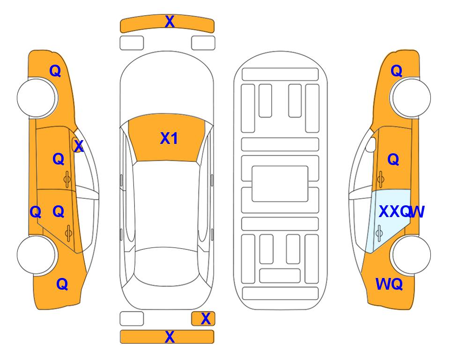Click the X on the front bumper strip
pyautogui.click(x=170, y=22)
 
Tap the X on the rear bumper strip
pyautogui.click(x=170, y=337)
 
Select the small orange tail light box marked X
pyautogui.click(x=203, y=319)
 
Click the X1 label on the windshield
pyautogui.click(x=169, y=138)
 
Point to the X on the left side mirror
pyautogui.click(x=79, y=146)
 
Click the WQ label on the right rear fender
pyautogui.click(x=389, y=284)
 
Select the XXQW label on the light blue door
pyautogui.click(x=401, y=212)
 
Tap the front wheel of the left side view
pyautogui.click(x=37, y=98)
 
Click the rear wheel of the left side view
pyautogui.click(x=37, y=255)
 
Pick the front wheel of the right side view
pyautogui.click(x=411, y=98)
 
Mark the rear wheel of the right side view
pyautogui.click(x=411, y=255)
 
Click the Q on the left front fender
pyautogui.click(x=55, y=71)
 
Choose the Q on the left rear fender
pyautogui.click(x=62, y=284)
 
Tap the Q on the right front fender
pyautogui.click(x=396, y=71)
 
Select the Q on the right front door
pyautogui.click(x=393, y=159)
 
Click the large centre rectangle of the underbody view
pyautogui.click(x=280, y=184)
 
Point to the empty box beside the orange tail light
pyautogui.click(x=132, y=319)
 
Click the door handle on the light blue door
pyautogui.click(x=379, y=233)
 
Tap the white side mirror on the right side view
pyautogui.click(x=371, y=144)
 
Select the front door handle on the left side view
pyautogui.click(x=67, y=179)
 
